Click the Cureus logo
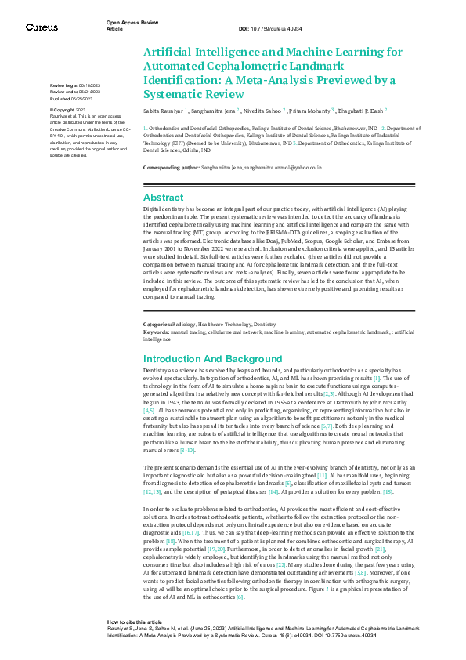click(42, 27)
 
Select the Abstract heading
click(164, 198)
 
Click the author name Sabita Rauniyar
click(163, 113)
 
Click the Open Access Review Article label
click(128, 26)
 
